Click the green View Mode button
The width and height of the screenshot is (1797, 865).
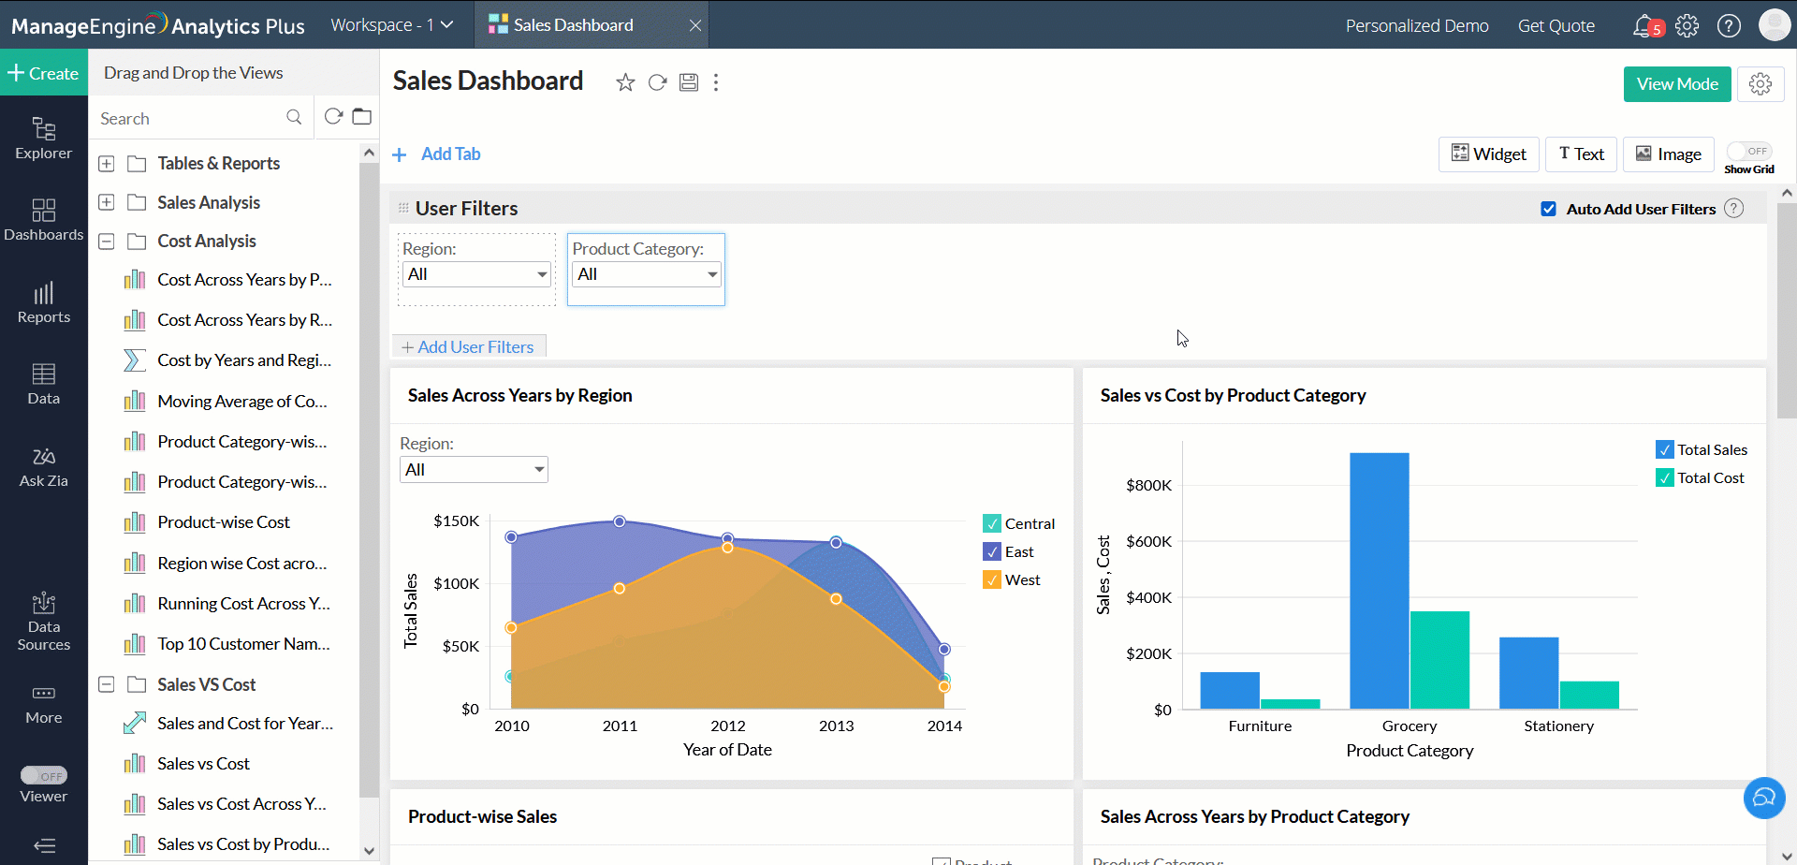(1676, 84)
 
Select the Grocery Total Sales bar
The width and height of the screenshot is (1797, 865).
(1379, 580)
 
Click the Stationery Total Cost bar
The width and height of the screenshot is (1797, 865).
(1589, 695)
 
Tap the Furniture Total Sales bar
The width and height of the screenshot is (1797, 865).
(1230, 690)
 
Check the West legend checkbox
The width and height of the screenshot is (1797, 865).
(992, 580)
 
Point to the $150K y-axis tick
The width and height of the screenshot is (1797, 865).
(456, 521)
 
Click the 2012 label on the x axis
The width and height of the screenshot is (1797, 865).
(727, 726)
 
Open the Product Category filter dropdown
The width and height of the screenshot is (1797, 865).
(646, 274)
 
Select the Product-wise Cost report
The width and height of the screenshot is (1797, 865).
(224, 522)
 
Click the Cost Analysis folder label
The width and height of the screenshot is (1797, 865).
(207, 242)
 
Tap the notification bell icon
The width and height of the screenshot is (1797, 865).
(1643, 25)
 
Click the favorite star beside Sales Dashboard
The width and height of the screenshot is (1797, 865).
(625, 83)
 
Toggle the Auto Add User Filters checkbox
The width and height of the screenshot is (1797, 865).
(1549, 210)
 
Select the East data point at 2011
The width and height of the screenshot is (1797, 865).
(619, 521)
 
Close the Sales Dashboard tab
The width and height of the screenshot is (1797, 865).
(695, 25)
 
